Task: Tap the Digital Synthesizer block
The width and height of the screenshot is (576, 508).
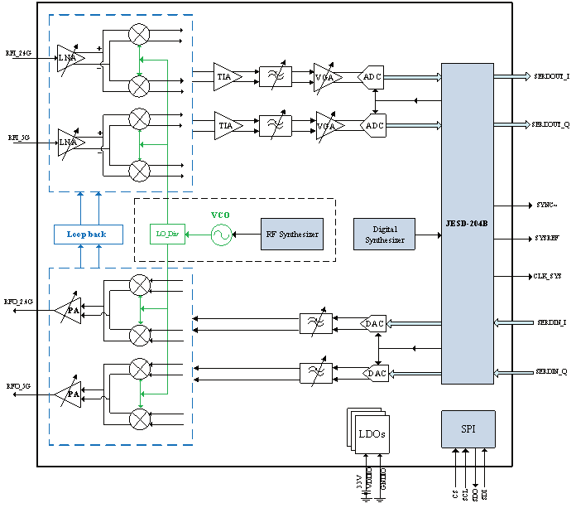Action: click(x=385, y=235)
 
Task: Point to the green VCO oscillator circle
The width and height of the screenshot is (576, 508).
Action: click(x=221, y=235)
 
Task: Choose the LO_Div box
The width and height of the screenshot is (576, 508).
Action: click(x=168, y=235)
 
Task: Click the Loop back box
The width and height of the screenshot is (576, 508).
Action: click(x=86, y=235)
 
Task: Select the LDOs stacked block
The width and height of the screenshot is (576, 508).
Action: click(x=369, y=433)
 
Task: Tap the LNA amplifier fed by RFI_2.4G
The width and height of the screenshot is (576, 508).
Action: click(x=69, y=58)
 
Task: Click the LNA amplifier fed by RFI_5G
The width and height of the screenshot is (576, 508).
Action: click(x=69, y=142)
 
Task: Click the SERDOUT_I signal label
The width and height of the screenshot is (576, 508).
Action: click(x=550, y=76)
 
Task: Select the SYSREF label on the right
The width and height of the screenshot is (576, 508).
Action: click(x=547, y=239)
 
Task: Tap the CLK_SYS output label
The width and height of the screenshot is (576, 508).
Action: click(x=547, y=276)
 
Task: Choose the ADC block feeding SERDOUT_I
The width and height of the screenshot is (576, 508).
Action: click(x=374, y=77)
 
